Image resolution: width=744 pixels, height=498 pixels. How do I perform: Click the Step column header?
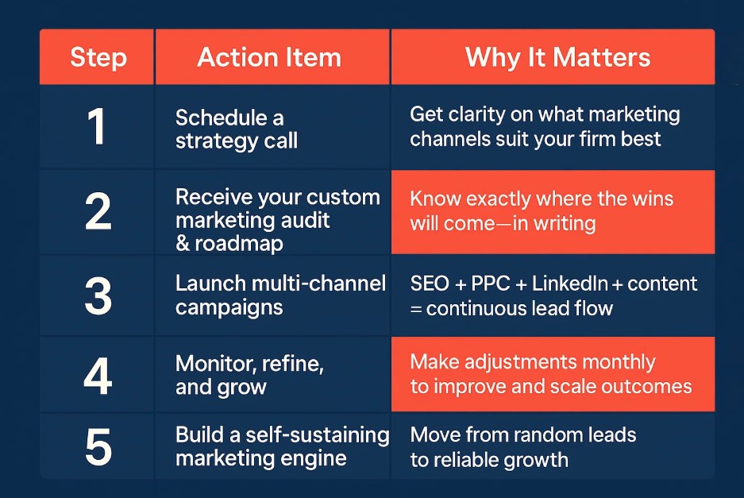click(98, 58)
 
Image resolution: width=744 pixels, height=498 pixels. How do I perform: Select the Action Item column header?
click(269, 57)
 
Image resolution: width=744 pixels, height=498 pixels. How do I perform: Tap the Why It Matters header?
click(557, 58)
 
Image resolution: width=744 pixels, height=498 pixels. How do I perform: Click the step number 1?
click(96, 126)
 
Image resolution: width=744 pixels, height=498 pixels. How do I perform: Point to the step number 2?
click(98, 212)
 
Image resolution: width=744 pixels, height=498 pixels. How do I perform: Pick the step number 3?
click(98, 296)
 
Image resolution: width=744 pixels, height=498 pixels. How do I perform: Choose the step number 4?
click(98, 376)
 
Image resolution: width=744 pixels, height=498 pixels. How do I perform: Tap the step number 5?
click(98, 446)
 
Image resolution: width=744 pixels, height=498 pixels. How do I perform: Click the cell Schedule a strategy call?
click(237, 129)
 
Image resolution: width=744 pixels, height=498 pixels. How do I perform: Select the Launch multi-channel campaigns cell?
click(280, 295)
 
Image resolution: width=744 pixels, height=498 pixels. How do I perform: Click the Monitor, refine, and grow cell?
click(249, 375)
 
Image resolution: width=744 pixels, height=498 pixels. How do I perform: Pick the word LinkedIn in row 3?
click(570, 284)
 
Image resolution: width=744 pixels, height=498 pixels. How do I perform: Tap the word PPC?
click(490, 284)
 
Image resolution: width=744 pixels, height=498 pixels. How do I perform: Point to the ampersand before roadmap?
click(183, 244)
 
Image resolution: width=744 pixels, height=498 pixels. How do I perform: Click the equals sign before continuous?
click(415, 310)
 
